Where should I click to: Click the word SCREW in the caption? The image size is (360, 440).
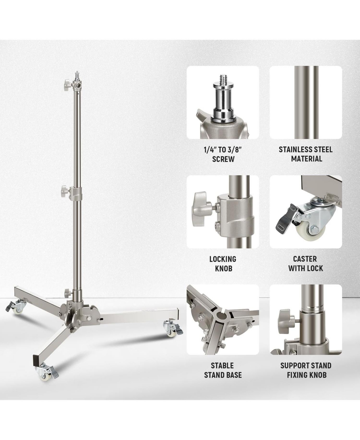223,159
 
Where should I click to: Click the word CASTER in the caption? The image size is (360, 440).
305,259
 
